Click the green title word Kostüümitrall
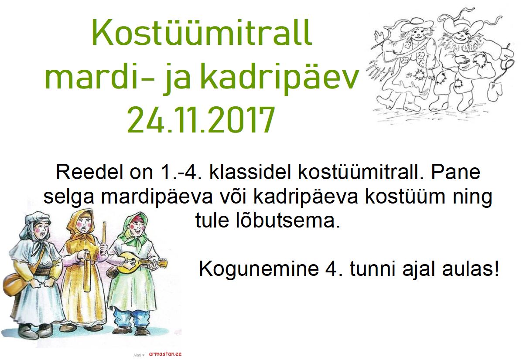tap(202, 32)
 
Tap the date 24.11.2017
tap(201, 120)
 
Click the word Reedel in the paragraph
tap(83, 172)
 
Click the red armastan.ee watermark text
tap(165, 354)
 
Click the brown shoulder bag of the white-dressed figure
tap(14, 284)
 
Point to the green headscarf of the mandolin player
tap(134, 227)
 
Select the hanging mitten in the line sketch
tap(496, 90)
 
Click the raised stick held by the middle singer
tap(104, 233)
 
